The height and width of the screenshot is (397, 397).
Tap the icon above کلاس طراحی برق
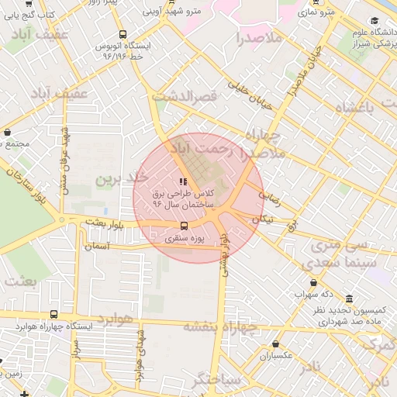183,181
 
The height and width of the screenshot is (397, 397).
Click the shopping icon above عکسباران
276,343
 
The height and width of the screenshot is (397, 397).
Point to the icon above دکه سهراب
313,282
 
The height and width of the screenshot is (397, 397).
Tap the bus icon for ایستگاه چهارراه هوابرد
54,314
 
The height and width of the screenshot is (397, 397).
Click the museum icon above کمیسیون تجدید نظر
349,299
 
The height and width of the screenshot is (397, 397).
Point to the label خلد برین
121,178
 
